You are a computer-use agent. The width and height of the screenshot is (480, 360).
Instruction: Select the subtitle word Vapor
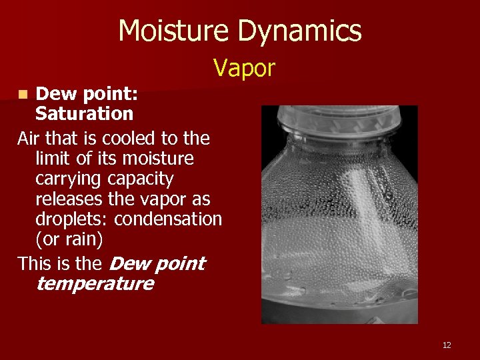click(244, 67)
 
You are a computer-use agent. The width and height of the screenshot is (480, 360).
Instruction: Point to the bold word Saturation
click(84, 114)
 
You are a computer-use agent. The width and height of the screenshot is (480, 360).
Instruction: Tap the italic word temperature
click(94, 284)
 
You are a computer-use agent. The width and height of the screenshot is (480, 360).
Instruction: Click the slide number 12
click(447, 345)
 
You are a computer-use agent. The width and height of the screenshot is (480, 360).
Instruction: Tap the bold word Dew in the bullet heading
click(53, 94)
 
